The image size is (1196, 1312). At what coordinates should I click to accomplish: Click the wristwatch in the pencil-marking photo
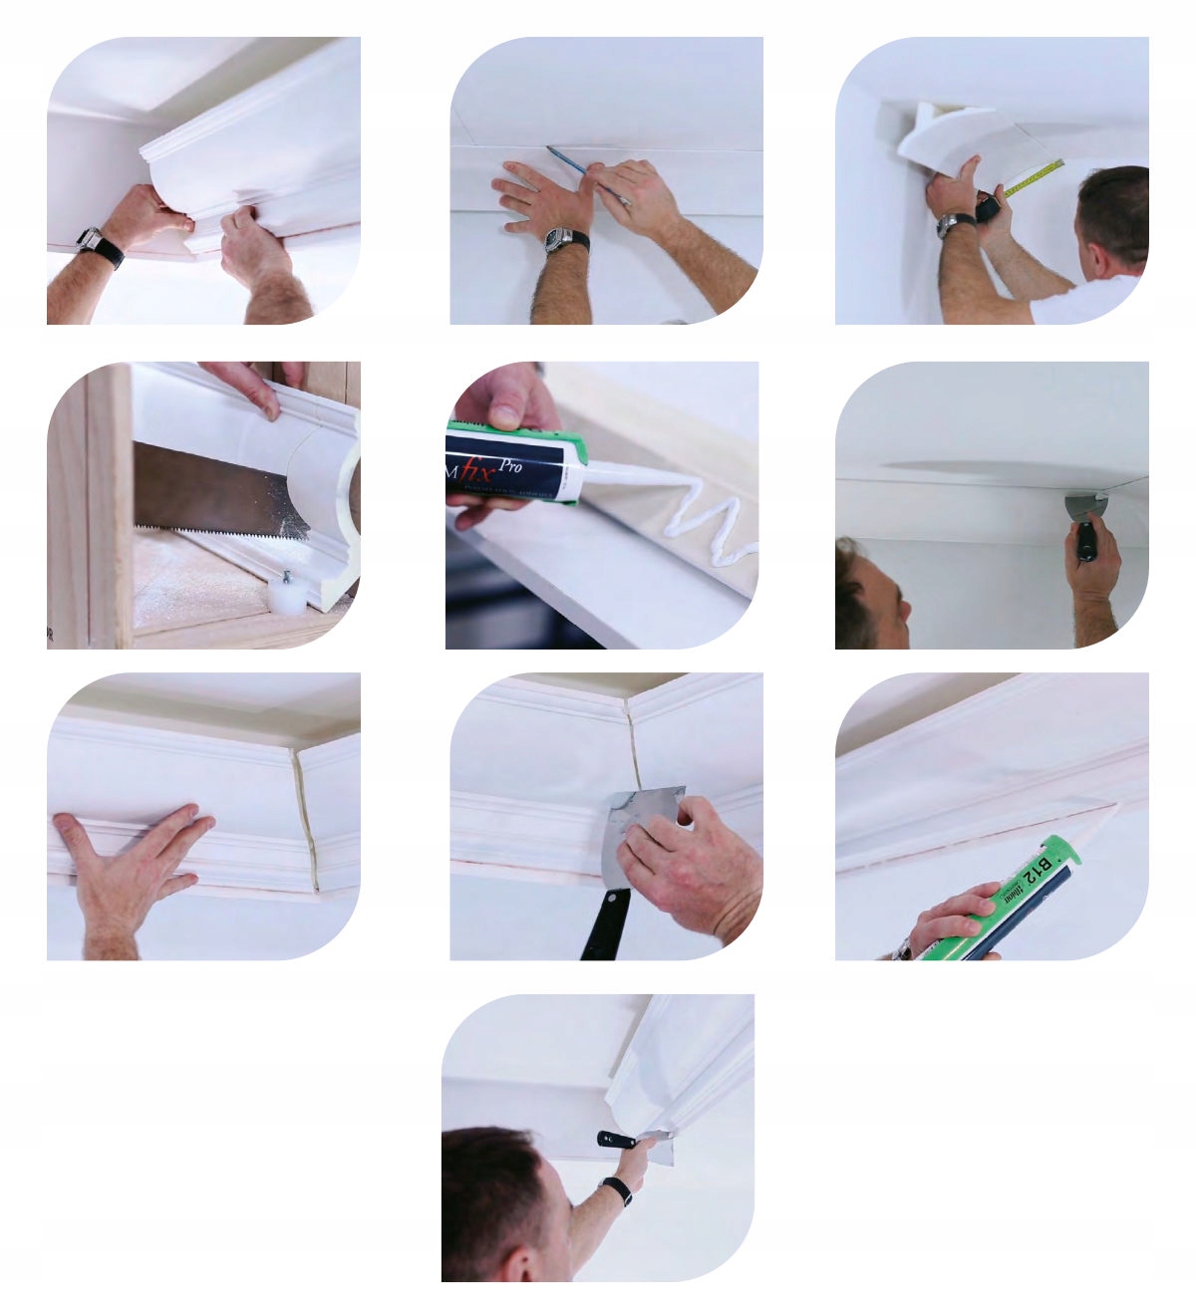(x=564, y=240)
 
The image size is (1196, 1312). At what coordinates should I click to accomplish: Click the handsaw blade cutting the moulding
(x=219, y=494)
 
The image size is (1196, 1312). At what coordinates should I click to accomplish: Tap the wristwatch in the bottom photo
(x=618, y=1189)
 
